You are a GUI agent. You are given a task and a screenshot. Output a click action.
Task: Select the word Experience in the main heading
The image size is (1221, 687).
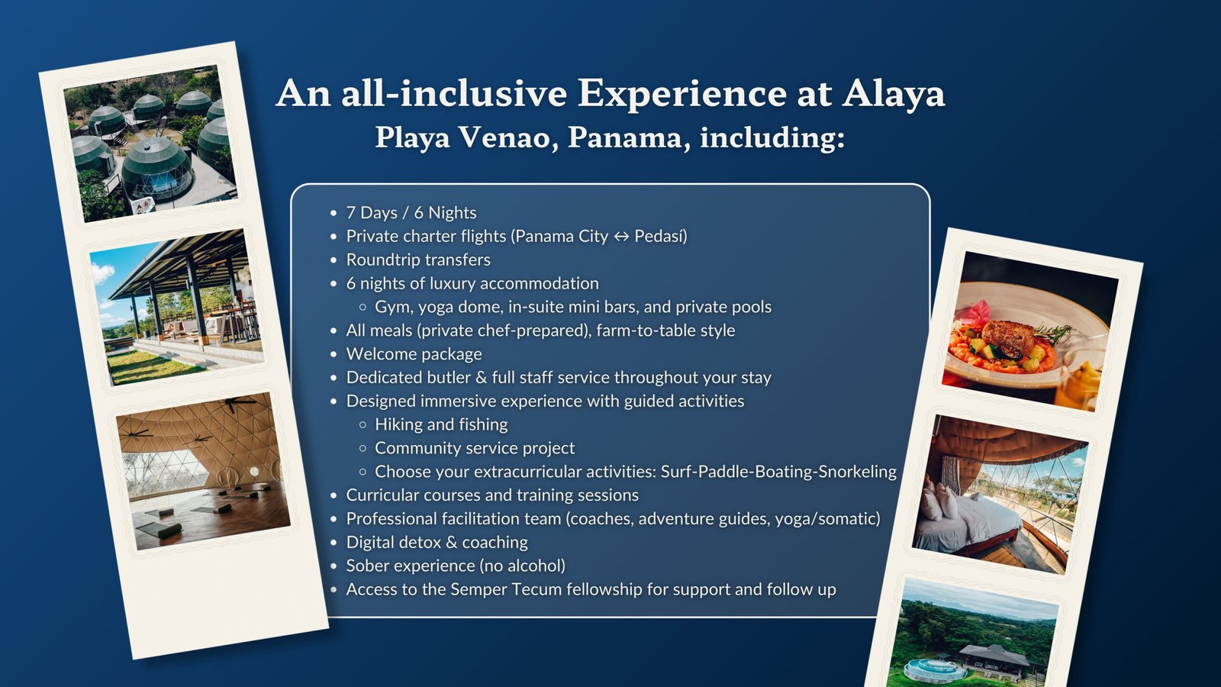click(x=682, y=94)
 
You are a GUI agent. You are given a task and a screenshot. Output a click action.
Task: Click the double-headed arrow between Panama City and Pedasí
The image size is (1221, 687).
click(x=621, y=237)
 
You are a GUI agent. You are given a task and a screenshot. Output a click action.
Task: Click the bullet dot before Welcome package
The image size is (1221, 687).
click(x=333, y=354)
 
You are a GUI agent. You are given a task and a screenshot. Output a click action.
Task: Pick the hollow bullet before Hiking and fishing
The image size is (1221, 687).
click(x=363, y=424)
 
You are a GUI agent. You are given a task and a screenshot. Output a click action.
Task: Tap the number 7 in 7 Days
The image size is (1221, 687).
click(x=351, y=213)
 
